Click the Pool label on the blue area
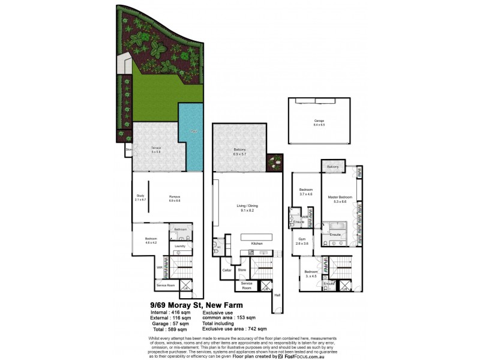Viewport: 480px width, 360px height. pyautogui.click(x=193, y=131)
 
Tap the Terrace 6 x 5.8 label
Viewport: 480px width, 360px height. pyautogui.click(x=155, y=149)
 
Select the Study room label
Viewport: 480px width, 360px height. pyautogui.click(x=140, y=198)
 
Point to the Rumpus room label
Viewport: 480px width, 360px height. pyautogui.click(x=175, y=198)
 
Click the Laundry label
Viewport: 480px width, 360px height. pyautogui.click(x=179, y=245)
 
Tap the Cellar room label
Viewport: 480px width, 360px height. pyautogui.click(x=227, y=271)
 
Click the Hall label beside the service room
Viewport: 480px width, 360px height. pyautogui.click(x=277, y=295)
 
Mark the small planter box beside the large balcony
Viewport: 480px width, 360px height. pyautogui.click(x=275, y=160)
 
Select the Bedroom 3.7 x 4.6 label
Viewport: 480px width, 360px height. pyautogui.click(x=306, y=192)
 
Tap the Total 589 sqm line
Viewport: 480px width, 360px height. pyautogui.click(x=171, y=329)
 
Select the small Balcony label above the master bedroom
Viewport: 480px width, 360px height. pyautogui.click(x=333, y=166)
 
